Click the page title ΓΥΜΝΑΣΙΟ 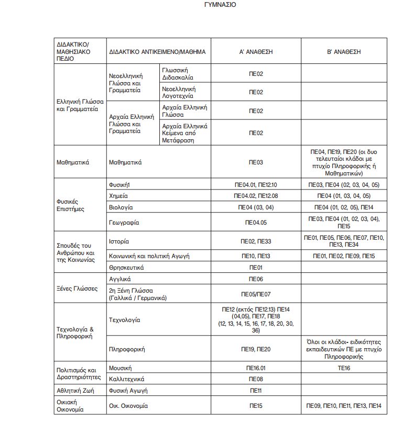[x=220, y=5]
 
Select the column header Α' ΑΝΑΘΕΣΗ [x=256, y=52]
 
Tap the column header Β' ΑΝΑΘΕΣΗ [x=344, y=52]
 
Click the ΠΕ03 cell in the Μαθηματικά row [x=256, y=162]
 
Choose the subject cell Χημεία [x=117, y=196]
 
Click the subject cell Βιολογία [x=119, y=207]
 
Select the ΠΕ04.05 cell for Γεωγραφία [x=256, y=223]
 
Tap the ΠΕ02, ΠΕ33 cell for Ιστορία [x=256, y=241]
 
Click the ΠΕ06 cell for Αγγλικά [x=256, y=279]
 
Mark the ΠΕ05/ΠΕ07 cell [x=256, y=294]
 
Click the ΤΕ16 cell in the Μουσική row [x=344, y=368]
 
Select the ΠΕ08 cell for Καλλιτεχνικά [x=256, y=379]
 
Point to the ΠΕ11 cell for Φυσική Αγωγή [x=256, y=391]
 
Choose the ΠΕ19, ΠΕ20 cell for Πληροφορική [x=256, y=349]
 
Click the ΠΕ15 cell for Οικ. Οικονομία [x=256, y=406]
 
